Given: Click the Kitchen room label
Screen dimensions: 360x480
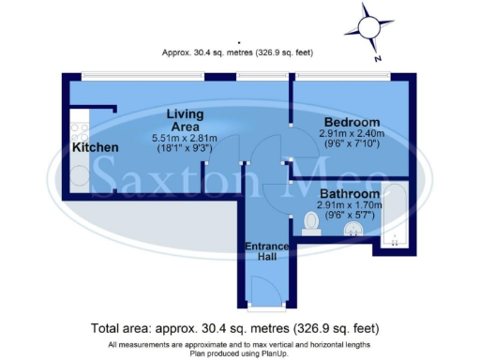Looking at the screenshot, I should pyautogui.click(x=96, y=148).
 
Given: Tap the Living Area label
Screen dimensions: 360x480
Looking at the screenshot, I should pyautogui.click(x=186, y=121).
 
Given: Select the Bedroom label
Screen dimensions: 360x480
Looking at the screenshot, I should pyautogui.click(x=352, y=123).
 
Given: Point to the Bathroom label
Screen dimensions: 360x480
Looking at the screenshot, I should pyautogui.click(x=352, y=193).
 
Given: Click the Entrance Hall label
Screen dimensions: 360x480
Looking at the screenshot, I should pyautogui.click(x=266, y=252).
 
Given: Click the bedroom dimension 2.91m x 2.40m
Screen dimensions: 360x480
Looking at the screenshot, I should pyautogui.click(x=352, y=136).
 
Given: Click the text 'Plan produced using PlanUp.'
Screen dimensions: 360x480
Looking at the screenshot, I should pyautogui.click(x=240, y=353).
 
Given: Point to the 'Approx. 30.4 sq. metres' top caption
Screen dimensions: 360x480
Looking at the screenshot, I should pyautogui.click(x=240, y=54).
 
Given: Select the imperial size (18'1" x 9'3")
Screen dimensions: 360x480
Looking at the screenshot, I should pyautogui.click(x=186, y=148).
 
